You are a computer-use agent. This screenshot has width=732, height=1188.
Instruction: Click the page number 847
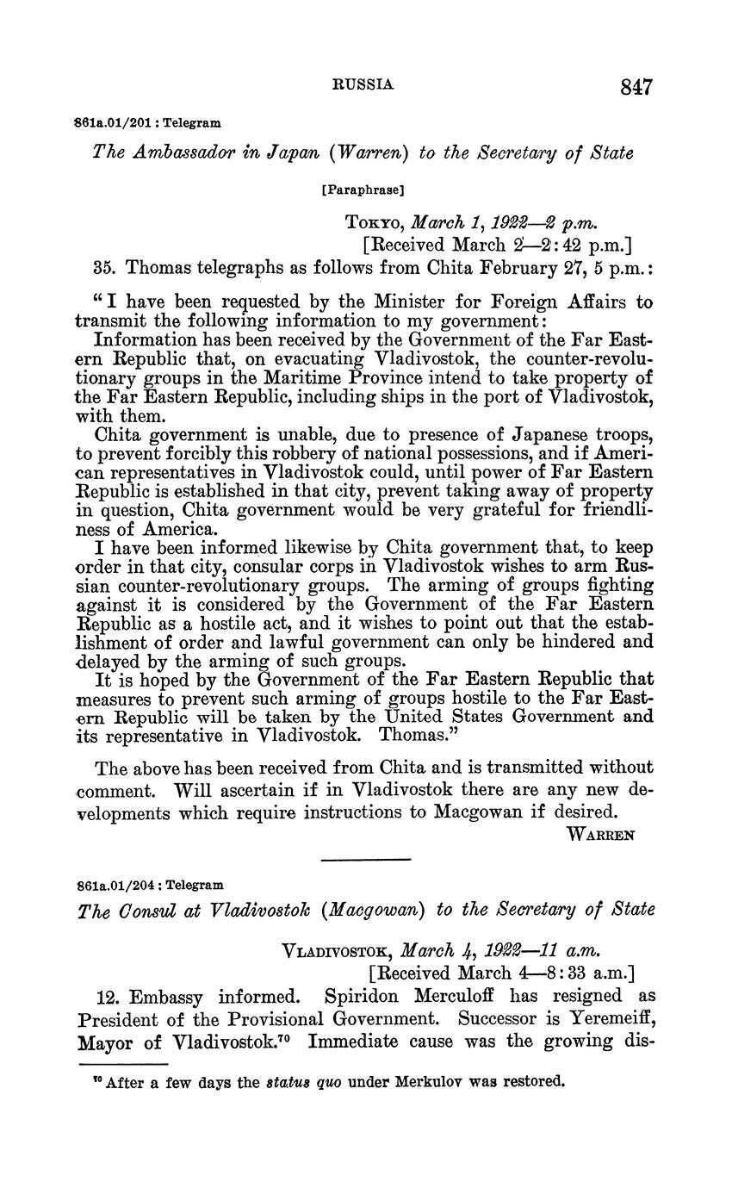636,86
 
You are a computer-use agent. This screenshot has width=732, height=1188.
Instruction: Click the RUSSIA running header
363,84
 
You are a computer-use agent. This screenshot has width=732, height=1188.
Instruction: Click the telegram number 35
104,267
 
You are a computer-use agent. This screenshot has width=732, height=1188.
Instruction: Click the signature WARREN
600,835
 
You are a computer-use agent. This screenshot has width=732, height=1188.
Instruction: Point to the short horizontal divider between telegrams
365,859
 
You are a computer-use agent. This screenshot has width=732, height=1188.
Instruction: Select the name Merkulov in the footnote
429,1082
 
